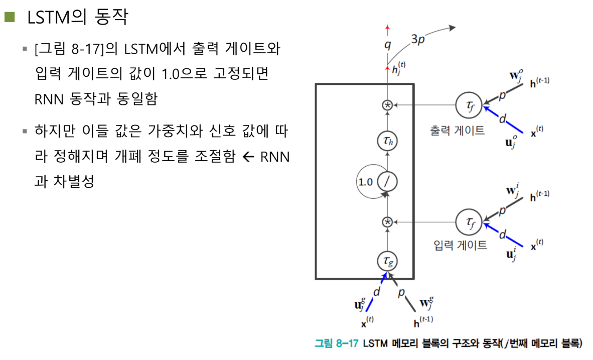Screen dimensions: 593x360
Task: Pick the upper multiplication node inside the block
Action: click(387, 105)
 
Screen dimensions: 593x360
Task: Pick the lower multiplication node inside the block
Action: click(387, 221)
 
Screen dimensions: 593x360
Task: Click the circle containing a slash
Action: click(387, 182)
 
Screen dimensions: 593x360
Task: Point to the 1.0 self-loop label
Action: click(366, 182)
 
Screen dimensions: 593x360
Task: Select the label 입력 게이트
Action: click(460, 246)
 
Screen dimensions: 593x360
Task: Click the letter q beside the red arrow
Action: click(387, 45)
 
